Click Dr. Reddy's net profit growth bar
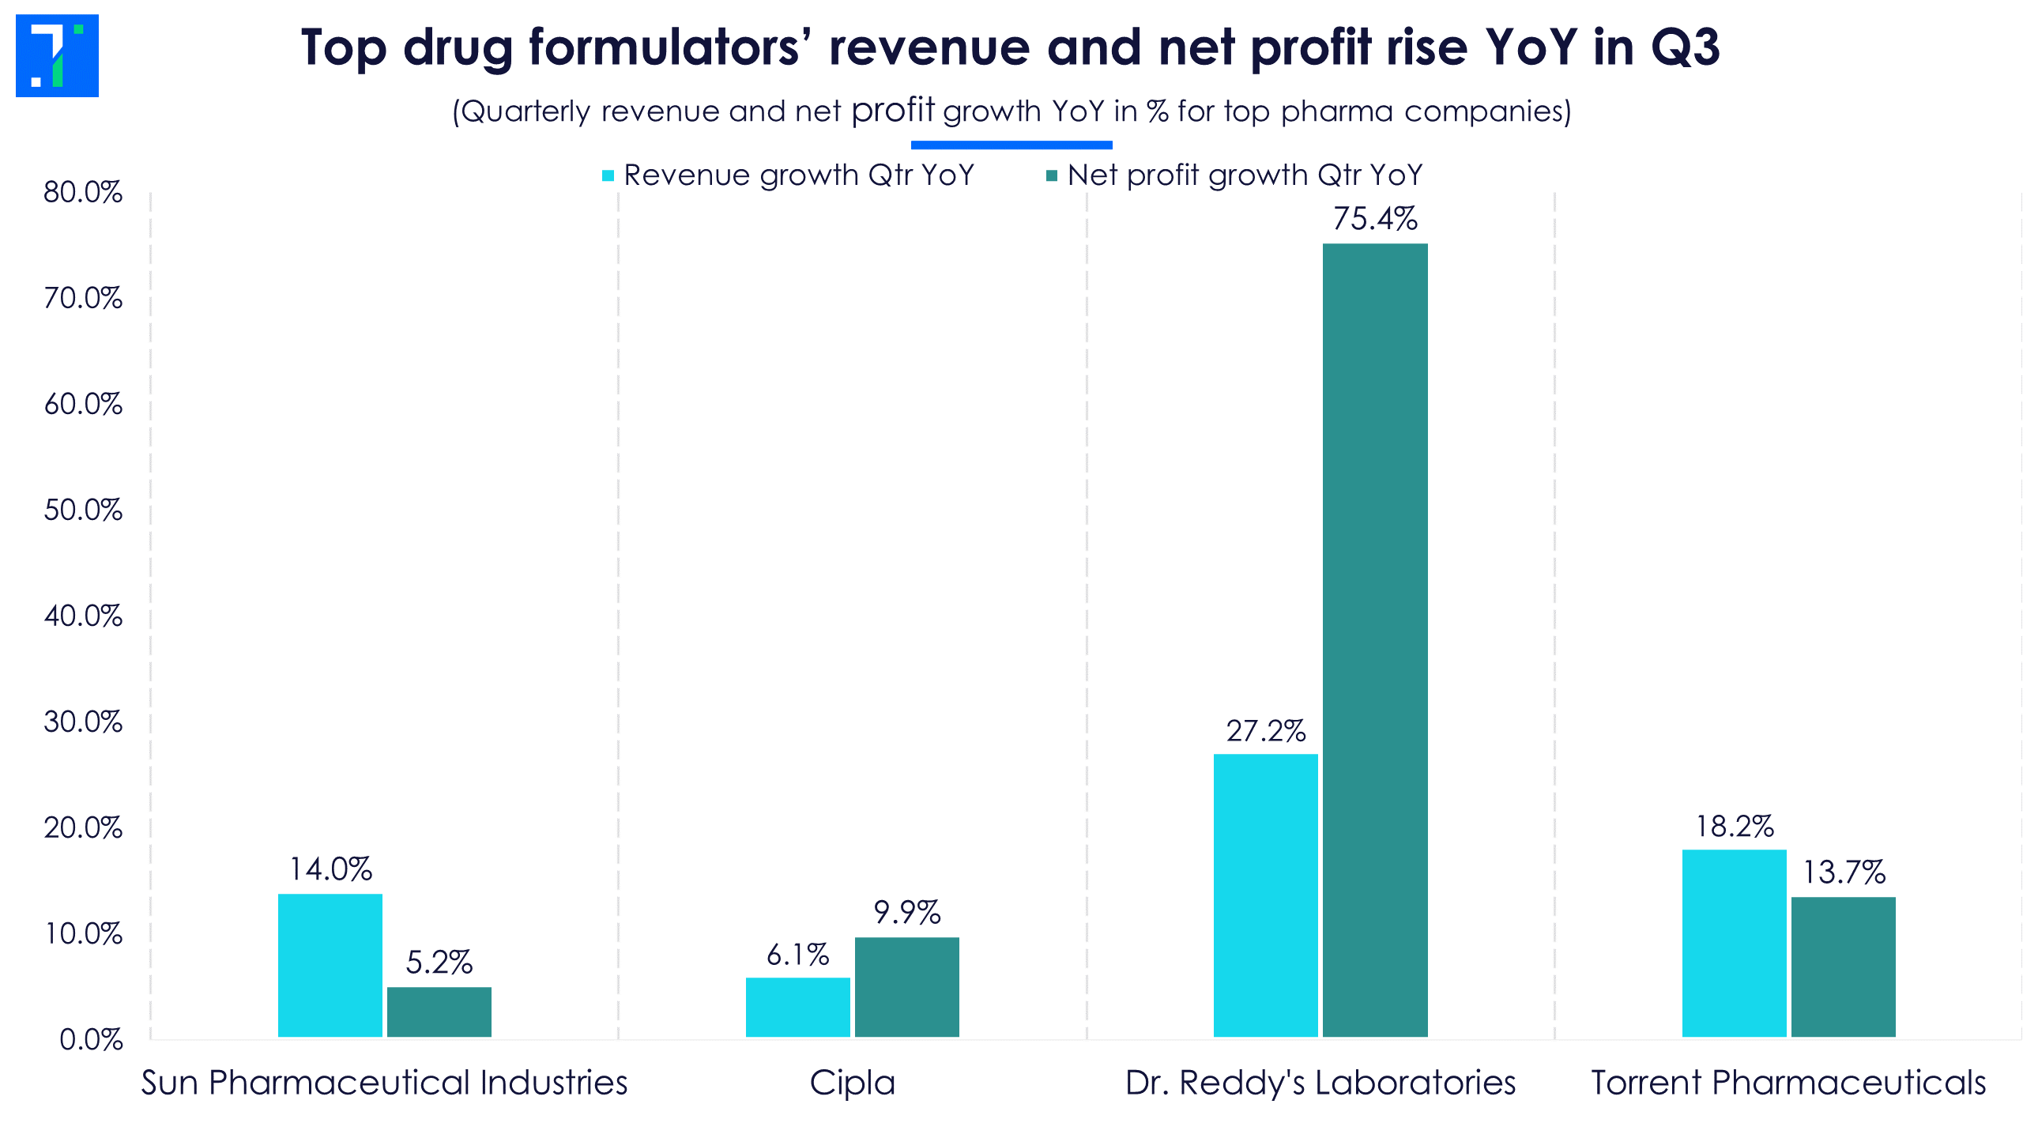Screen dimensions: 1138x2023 (x=1375, y=640)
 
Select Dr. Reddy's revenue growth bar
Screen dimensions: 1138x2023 (x=1265, y=895)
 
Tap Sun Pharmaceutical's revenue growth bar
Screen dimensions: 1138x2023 (x=330, y=965)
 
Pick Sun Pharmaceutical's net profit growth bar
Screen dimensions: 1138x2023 (x=439, y=1012)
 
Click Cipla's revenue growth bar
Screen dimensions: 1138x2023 (x=797, y=1007)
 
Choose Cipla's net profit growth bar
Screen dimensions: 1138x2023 (x=906, y=987)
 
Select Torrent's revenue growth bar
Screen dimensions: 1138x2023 (x=1734, y=943)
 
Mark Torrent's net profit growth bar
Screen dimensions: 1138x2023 (x=1843, y=967)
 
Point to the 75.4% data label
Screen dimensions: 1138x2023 (x=1375, y=219)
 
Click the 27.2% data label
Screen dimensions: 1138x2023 (x=1265, y=731)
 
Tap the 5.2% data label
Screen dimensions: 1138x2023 (x=439, y=962)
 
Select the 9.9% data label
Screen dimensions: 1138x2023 (x=906, y=913)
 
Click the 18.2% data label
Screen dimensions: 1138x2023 (x=1734, y=826)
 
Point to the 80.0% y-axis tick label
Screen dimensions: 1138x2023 (x=83, y=192)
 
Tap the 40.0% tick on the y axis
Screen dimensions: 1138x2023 (x=83, y=616)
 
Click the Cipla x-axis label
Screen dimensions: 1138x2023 (x=852, y=1083)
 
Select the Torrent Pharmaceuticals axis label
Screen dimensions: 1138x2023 (x=1788, y=1083)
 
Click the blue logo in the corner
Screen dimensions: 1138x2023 (x=57, y=55)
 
